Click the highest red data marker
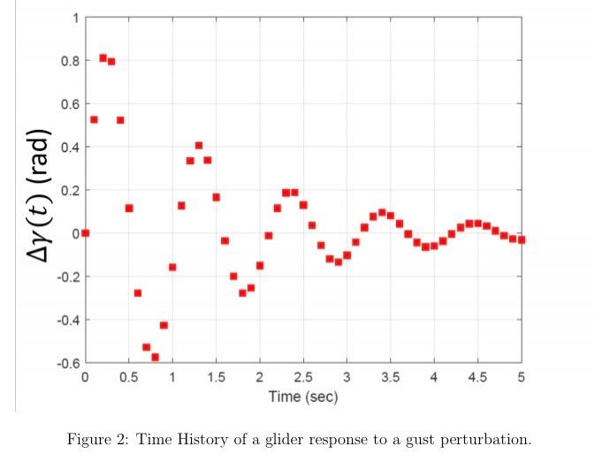[103, 58]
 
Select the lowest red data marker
[155, 357]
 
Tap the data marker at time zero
[85, 233]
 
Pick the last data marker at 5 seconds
[522, 239]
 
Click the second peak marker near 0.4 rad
[199, 145]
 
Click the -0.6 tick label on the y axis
[67, 363]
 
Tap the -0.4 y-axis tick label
[67, 320]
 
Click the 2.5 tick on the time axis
[302, 377]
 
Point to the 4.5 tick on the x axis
[477, 377]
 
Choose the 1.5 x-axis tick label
[216, 377]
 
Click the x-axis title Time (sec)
[303, 397]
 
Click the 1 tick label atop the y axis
[75, 18]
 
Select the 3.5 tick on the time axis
[390, 377]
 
